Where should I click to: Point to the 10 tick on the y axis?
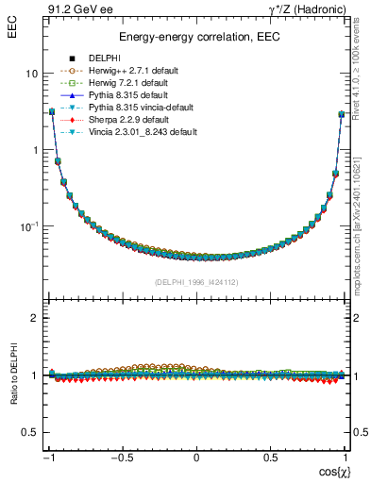coord(31,74)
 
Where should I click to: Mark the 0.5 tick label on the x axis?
coord(270,458)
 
